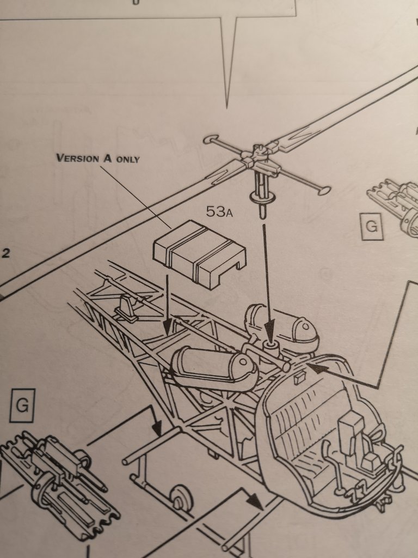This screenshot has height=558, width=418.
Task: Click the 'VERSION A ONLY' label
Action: [98, 159]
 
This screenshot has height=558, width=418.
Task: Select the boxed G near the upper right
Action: [372, 226]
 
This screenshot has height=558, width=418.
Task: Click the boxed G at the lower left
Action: [22, 404]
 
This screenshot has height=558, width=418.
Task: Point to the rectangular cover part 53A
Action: [199, 252]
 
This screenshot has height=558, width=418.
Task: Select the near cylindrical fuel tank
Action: [214, 368]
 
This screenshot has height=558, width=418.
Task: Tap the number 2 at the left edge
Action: [5, 253]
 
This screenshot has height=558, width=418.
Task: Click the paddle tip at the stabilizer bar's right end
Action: [323, 191]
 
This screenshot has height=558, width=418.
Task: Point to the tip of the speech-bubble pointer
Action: [228, 106]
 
